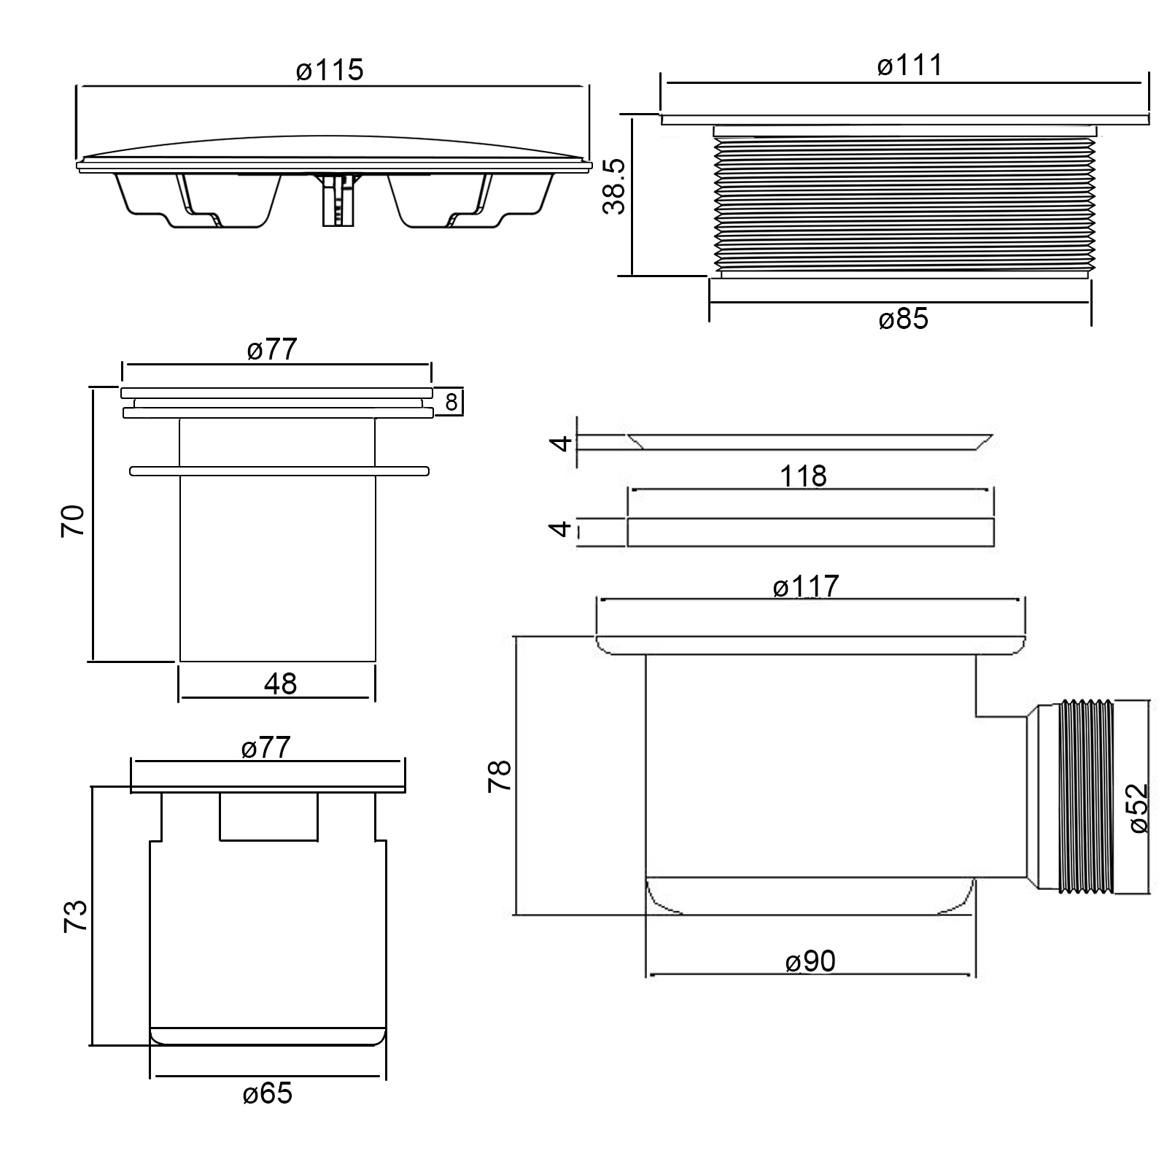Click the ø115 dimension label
tap(330, 70)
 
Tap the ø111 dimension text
tap(910, 66)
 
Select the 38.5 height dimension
tap(615, 187)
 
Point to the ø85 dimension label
tap(903, 319)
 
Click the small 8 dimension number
tap(451, 402)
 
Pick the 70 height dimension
tap(73, 521)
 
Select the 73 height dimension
tap(75, 915)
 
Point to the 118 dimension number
tap(803, 476)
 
